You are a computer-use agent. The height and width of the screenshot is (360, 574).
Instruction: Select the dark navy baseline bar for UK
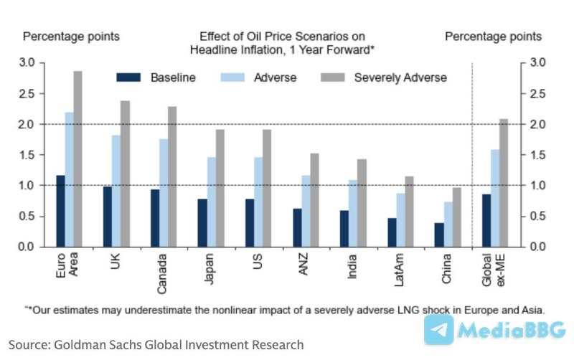[x=108, y=217]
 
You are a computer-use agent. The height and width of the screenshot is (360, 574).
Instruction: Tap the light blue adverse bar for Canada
[x=164, y=193]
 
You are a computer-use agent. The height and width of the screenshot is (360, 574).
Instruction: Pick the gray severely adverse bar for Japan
[x=220, y=188]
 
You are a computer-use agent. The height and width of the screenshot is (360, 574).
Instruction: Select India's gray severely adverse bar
[x=362, y=203]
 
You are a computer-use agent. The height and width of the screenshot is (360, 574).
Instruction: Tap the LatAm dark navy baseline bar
[x=392, y=232]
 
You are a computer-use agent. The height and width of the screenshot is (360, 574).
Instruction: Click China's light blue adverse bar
[x=448, y=224]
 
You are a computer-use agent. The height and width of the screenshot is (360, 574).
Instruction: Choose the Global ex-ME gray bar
[x=504, y=183]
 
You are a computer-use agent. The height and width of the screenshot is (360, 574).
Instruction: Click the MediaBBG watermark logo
[x=494, y=331]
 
